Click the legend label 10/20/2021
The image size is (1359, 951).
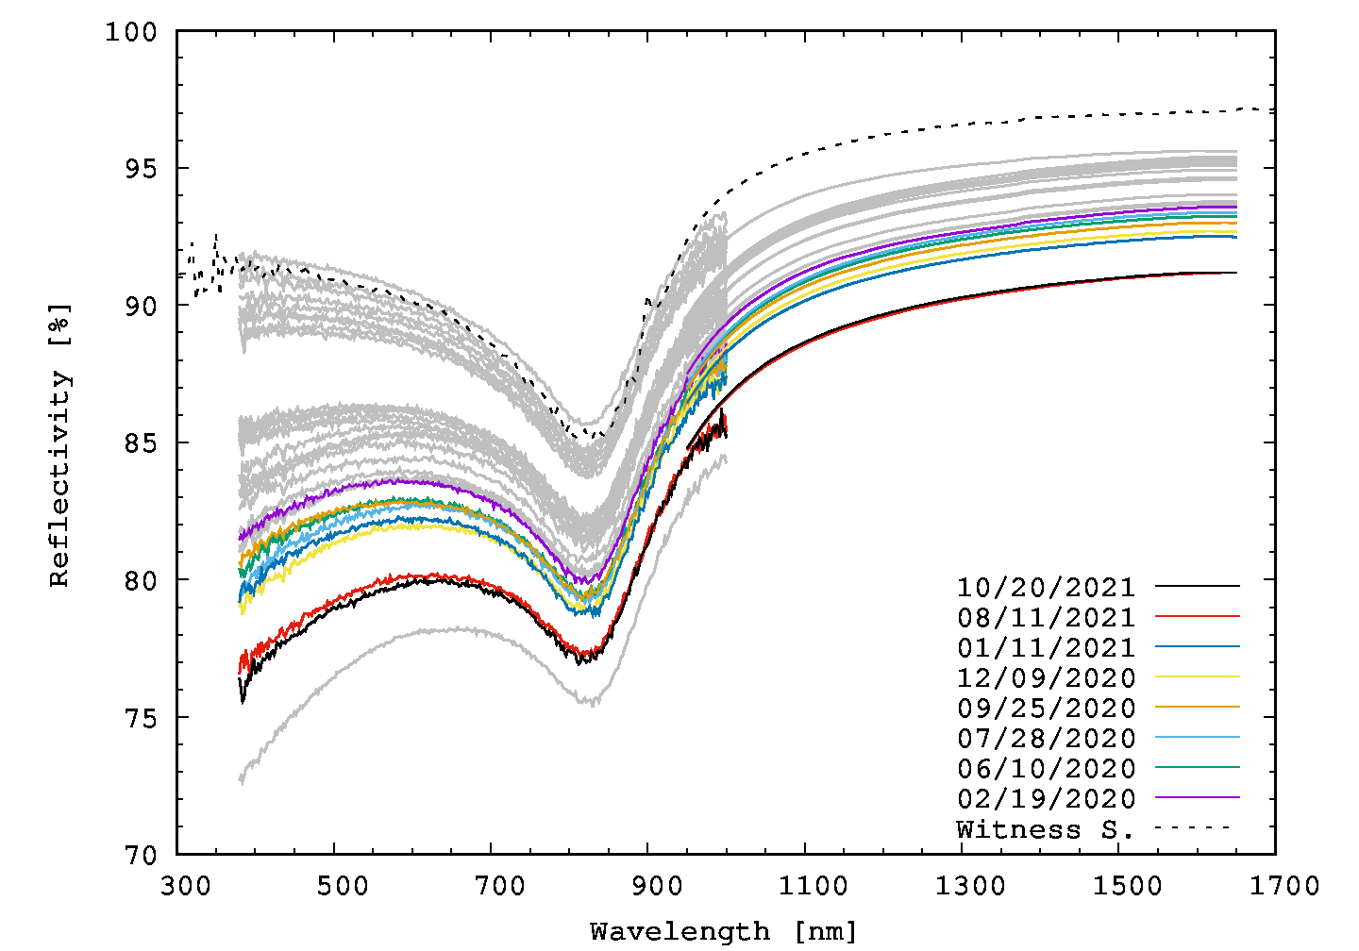[1046, 587]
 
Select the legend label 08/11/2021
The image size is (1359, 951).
[1046, 617]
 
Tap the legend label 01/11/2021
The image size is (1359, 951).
[1046, 647]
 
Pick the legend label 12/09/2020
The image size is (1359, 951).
[1046, 677]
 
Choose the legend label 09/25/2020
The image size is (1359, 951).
[1046, 708]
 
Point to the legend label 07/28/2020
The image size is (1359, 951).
[1046, 738]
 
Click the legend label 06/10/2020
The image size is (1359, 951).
[1046, 768]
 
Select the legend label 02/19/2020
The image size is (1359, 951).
[1046, 798]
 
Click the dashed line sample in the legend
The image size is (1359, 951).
[1197, 827]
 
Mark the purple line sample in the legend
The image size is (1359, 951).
[1197, 797]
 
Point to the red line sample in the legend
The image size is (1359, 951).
[1197, 616]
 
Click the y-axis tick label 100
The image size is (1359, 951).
[130, 32]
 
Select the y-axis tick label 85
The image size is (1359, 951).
[140, 443]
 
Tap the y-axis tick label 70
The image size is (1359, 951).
[140, 855]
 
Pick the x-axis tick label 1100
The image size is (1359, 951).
[805, 886]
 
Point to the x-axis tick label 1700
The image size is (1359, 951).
[1276, 886]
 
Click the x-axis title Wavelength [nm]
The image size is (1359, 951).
[724, 932]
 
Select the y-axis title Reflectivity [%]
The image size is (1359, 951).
[59, 443]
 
